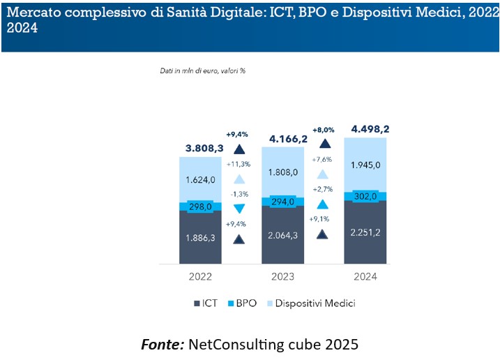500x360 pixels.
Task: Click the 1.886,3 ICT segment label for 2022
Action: point(200,238)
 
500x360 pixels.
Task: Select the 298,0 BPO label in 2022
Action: point(200,207)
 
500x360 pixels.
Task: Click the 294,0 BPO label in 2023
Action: point(283,202)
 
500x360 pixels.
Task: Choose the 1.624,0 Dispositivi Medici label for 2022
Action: point(200,179)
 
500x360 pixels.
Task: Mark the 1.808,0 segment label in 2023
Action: point(283,172)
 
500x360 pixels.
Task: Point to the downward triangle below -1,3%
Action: point(239,209)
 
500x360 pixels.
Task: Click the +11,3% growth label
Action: point(239,164)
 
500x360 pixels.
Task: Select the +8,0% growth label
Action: point(324,129)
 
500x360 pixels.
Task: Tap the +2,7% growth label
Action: point(322,189)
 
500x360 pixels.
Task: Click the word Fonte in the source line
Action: point(161,343)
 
